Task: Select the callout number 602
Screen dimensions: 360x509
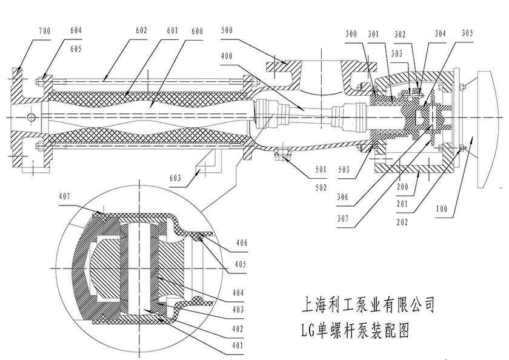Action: point(141,29)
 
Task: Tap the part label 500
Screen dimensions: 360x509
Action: point(228,29)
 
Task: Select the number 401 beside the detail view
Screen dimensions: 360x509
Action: point(237,346)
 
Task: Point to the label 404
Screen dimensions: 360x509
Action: point(237,292)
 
